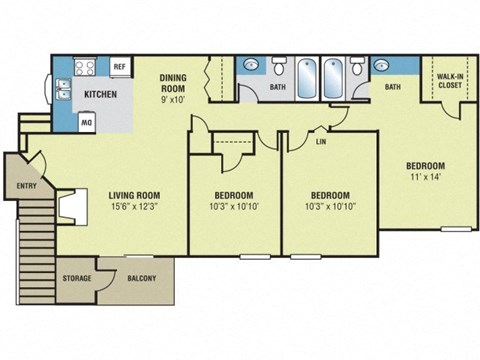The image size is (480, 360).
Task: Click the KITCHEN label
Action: point(101,95)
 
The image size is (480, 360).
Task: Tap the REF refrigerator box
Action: point(119,66)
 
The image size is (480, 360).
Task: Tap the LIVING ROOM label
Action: point(135,194)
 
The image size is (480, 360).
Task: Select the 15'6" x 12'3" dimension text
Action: point(135,206)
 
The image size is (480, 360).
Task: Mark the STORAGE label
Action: point(77,278)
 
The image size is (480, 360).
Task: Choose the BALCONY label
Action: point(141,278)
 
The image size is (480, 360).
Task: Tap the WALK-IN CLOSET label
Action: point(450,81)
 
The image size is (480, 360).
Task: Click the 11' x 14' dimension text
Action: point(425,177)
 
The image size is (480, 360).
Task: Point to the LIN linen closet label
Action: point(321,142)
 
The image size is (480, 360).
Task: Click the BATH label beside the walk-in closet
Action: point(393,87)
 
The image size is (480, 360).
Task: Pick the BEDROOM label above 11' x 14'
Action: point(425,165)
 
